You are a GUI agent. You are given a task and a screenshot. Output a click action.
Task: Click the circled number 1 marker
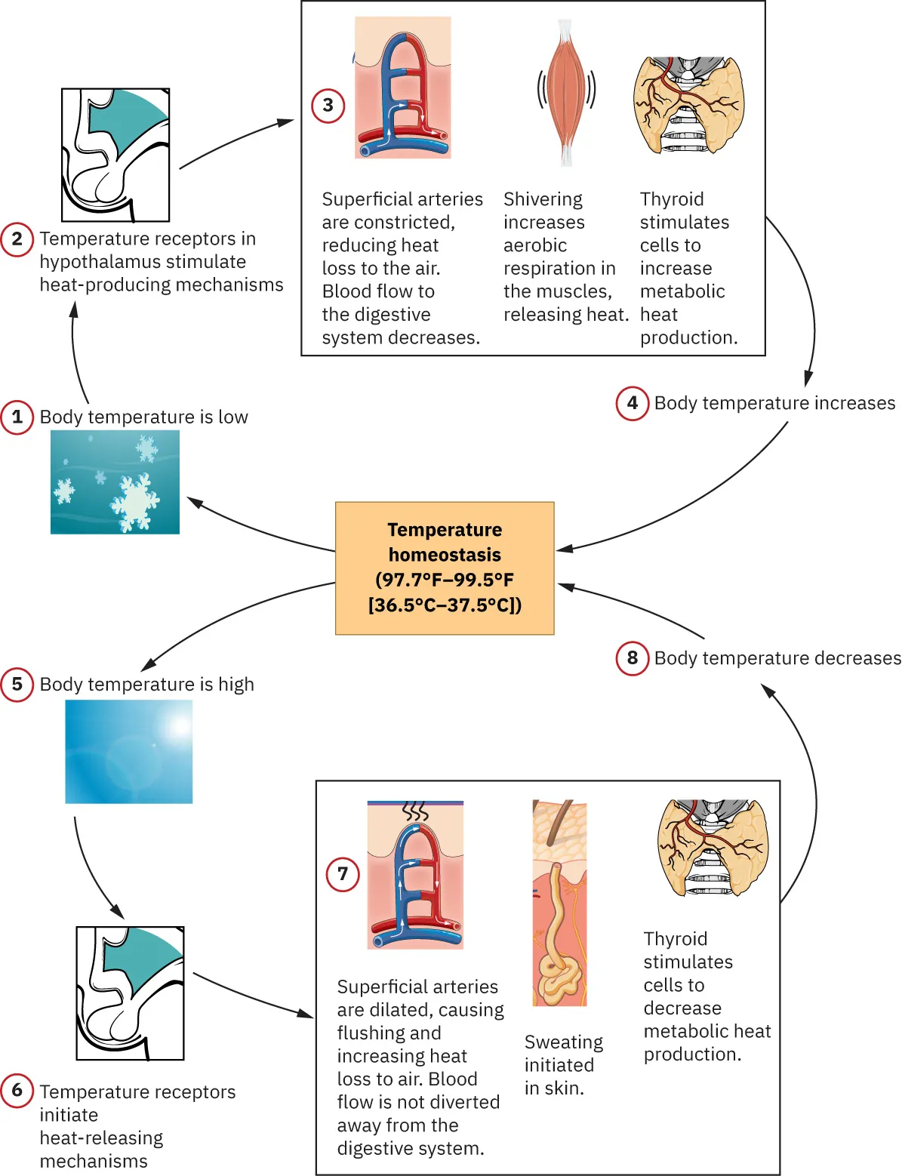click(x=17, y=417)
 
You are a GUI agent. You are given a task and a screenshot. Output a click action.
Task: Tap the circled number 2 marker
click(x=17, y=239)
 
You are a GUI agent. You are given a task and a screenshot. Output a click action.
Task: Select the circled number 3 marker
click(x=328, y=106)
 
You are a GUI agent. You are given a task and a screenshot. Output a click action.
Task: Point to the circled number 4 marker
click(x=633, y=403)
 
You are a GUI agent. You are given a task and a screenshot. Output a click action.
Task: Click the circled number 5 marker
click(x=17, y=685)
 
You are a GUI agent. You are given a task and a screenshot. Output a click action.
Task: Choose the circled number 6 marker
click(x=17, y=1091)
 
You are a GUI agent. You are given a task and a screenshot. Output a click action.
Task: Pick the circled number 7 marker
click(x=343, y=874)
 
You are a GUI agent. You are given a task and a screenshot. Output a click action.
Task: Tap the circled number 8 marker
click(x=633, y=658)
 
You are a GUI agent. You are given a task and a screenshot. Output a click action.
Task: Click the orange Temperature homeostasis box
click(x=445, y=568)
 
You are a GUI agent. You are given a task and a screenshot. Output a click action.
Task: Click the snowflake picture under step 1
click(x=115, y=482)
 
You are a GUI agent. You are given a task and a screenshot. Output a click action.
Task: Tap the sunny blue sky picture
click(x=128, y=752)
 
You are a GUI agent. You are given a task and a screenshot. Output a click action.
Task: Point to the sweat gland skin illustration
click(x=559, y=903)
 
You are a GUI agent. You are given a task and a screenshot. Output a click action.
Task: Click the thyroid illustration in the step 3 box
click(x=688, y=105)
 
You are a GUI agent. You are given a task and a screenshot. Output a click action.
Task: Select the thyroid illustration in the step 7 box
click(x=713, y=848)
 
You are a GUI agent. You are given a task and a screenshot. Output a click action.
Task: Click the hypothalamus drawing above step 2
click(x=115, y=155)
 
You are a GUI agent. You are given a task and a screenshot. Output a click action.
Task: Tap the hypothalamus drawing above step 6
click(x=131, y=993)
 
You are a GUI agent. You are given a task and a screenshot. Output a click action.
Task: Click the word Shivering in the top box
click(x=543, y=200)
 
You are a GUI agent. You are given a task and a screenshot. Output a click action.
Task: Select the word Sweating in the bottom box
click(x=564, y=1042)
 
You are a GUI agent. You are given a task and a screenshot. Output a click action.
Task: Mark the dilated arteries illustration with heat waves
click(x=415, y=874)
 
